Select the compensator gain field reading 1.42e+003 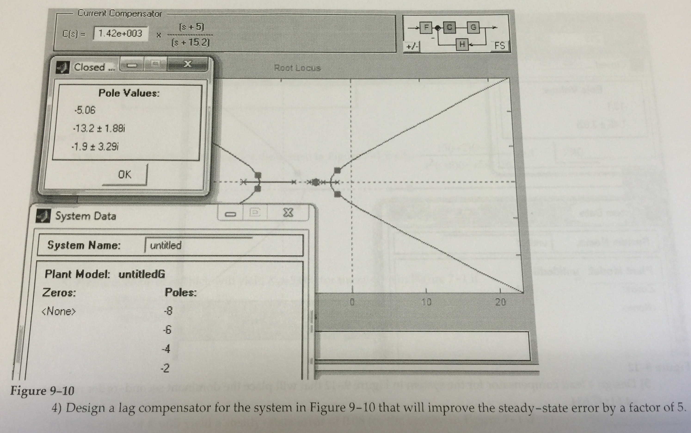click(120, 34)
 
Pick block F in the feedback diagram click(426, 28)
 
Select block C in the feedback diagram click(449, 28)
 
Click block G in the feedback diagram click(473, 28)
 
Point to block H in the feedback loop click(462, 44)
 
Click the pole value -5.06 click(85, 110)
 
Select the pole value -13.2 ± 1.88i click(99, 128)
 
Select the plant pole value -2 click(165, 368)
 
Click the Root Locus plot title click(297, 68)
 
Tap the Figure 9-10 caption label click(42, 391)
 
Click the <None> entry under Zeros click(59, 311)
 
